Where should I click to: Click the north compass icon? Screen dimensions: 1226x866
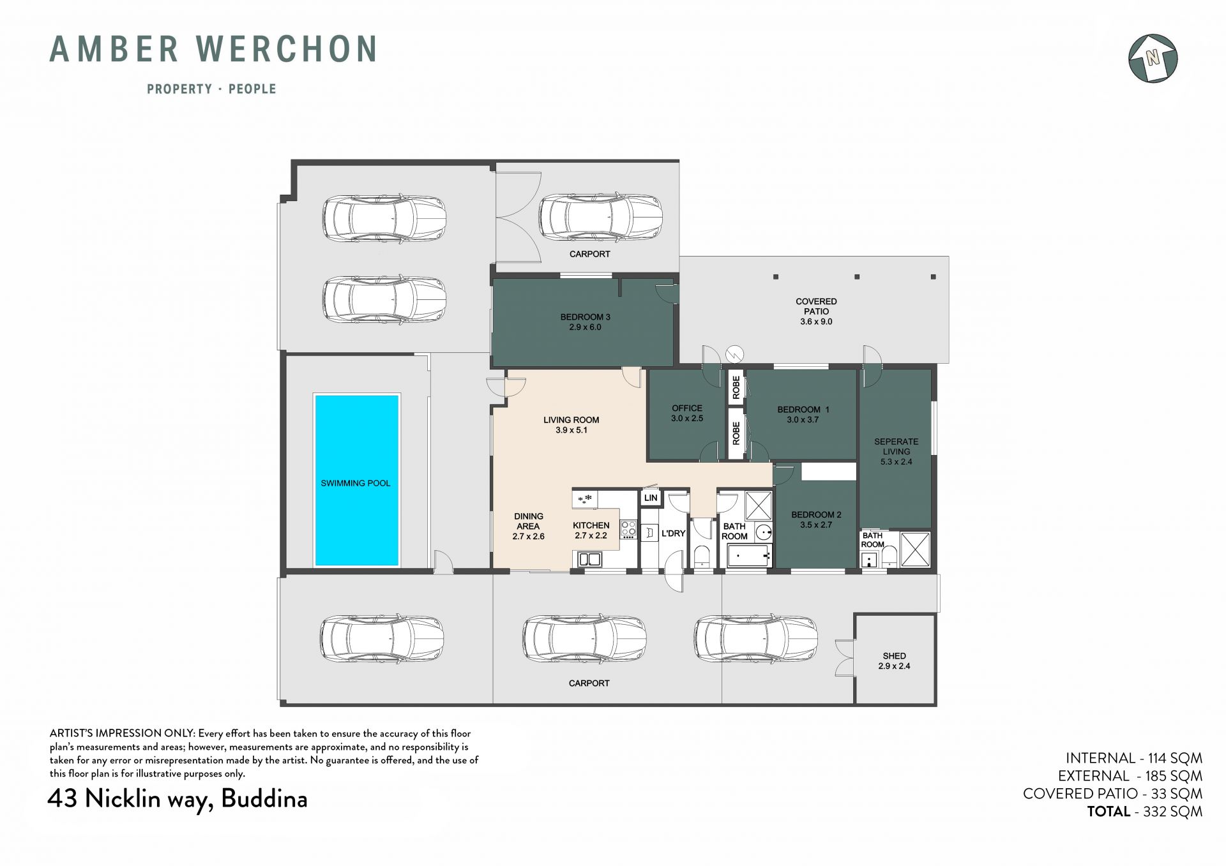tap(1153, 58)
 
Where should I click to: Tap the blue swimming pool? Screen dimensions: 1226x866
tap(356, 480)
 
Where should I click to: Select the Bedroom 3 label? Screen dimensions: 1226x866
tap(580, 322)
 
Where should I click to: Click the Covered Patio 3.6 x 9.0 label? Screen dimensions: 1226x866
tap(816, 311)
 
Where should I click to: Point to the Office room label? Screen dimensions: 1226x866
tap(687, 414)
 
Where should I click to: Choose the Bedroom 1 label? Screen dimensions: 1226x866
tap(803, 414)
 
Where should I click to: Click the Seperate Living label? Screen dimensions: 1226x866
tap(897, 451)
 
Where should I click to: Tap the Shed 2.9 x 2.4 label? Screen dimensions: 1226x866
tap(894, 661)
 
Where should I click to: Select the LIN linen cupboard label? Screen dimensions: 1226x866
tap(651, 498)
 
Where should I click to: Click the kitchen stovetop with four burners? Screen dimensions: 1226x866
tap(628, 529)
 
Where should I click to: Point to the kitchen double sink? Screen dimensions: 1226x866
tap(590, 560)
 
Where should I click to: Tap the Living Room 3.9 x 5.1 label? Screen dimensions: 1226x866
tap(571, 425)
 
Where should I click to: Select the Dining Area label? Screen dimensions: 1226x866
tap(529, 526)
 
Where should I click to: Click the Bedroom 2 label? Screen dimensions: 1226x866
tap(816, 519)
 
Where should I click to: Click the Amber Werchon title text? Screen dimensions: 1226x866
tap(213, 49)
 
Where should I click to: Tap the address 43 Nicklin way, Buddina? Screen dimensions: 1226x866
tap(178, 799)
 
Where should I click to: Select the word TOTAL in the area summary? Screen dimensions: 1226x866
tap(1109, 812)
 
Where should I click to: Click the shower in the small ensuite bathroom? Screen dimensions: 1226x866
tap(915, 549)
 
